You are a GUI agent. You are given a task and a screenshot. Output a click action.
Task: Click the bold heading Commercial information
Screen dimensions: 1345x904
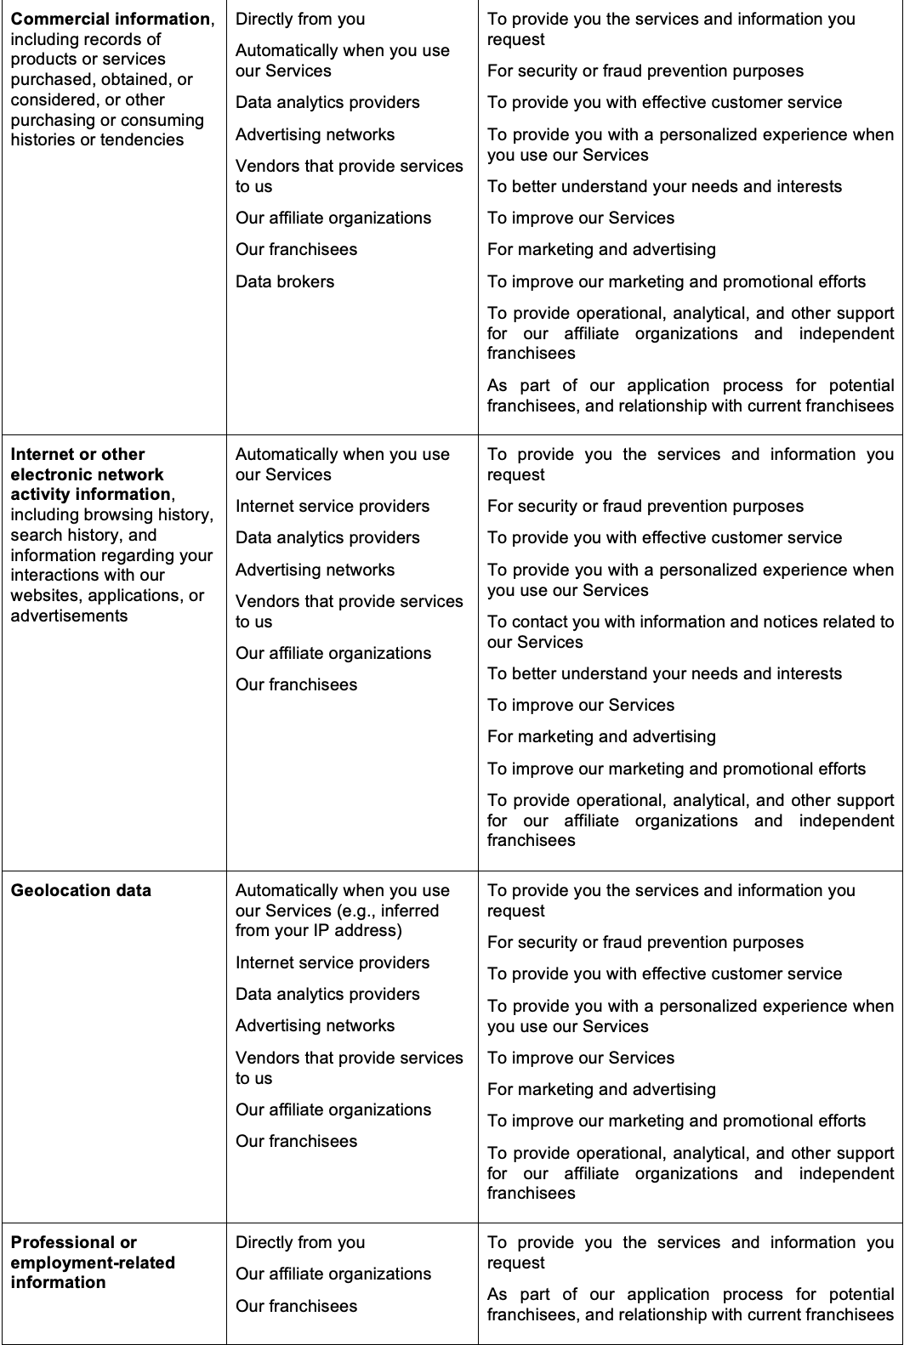pos(110,19)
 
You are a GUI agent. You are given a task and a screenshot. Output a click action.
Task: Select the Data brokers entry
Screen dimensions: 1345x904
pos(285,281)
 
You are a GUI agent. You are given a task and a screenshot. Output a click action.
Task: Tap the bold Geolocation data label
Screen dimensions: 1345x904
pos(81,890)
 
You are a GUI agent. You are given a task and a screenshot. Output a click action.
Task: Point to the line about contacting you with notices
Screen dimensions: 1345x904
pos(690,632)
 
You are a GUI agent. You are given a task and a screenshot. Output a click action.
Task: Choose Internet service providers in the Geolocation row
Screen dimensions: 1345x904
pos(333,962)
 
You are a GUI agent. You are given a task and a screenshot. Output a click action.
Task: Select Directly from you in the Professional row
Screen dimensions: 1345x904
pos(300,1242)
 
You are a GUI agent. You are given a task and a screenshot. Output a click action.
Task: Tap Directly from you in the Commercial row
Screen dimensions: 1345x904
pos(300,19)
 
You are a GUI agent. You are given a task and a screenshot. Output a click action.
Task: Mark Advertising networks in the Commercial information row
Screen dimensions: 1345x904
pos(315,134)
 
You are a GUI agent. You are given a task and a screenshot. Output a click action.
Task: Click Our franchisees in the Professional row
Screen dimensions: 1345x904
pos(296,1306)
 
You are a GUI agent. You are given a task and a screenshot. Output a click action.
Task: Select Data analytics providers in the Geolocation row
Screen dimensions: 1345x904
pos(327,994)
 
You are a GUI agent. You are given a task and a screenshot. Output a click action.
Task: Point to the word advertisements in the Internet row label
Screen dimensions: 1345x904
pos(69,616)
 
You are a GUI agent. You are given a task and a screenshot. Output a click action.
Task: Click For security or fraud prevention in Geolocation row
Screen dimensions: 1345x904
pos(645,942)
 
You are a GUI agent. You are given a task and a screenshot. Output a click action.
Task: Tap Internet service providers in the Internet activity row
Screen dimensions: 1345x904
pos(333,506)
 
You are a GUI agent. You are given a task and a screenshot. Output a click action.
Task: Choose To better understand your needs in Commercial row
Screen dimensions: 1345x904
pos(664,186)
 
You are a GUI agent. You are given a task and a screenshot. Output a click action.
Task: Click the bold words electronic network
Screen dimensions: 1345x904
pos(87,474)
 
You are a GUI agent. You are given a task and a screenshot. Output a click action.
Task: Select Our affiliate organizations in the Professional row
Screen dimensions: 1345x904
pos(333,1274)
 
